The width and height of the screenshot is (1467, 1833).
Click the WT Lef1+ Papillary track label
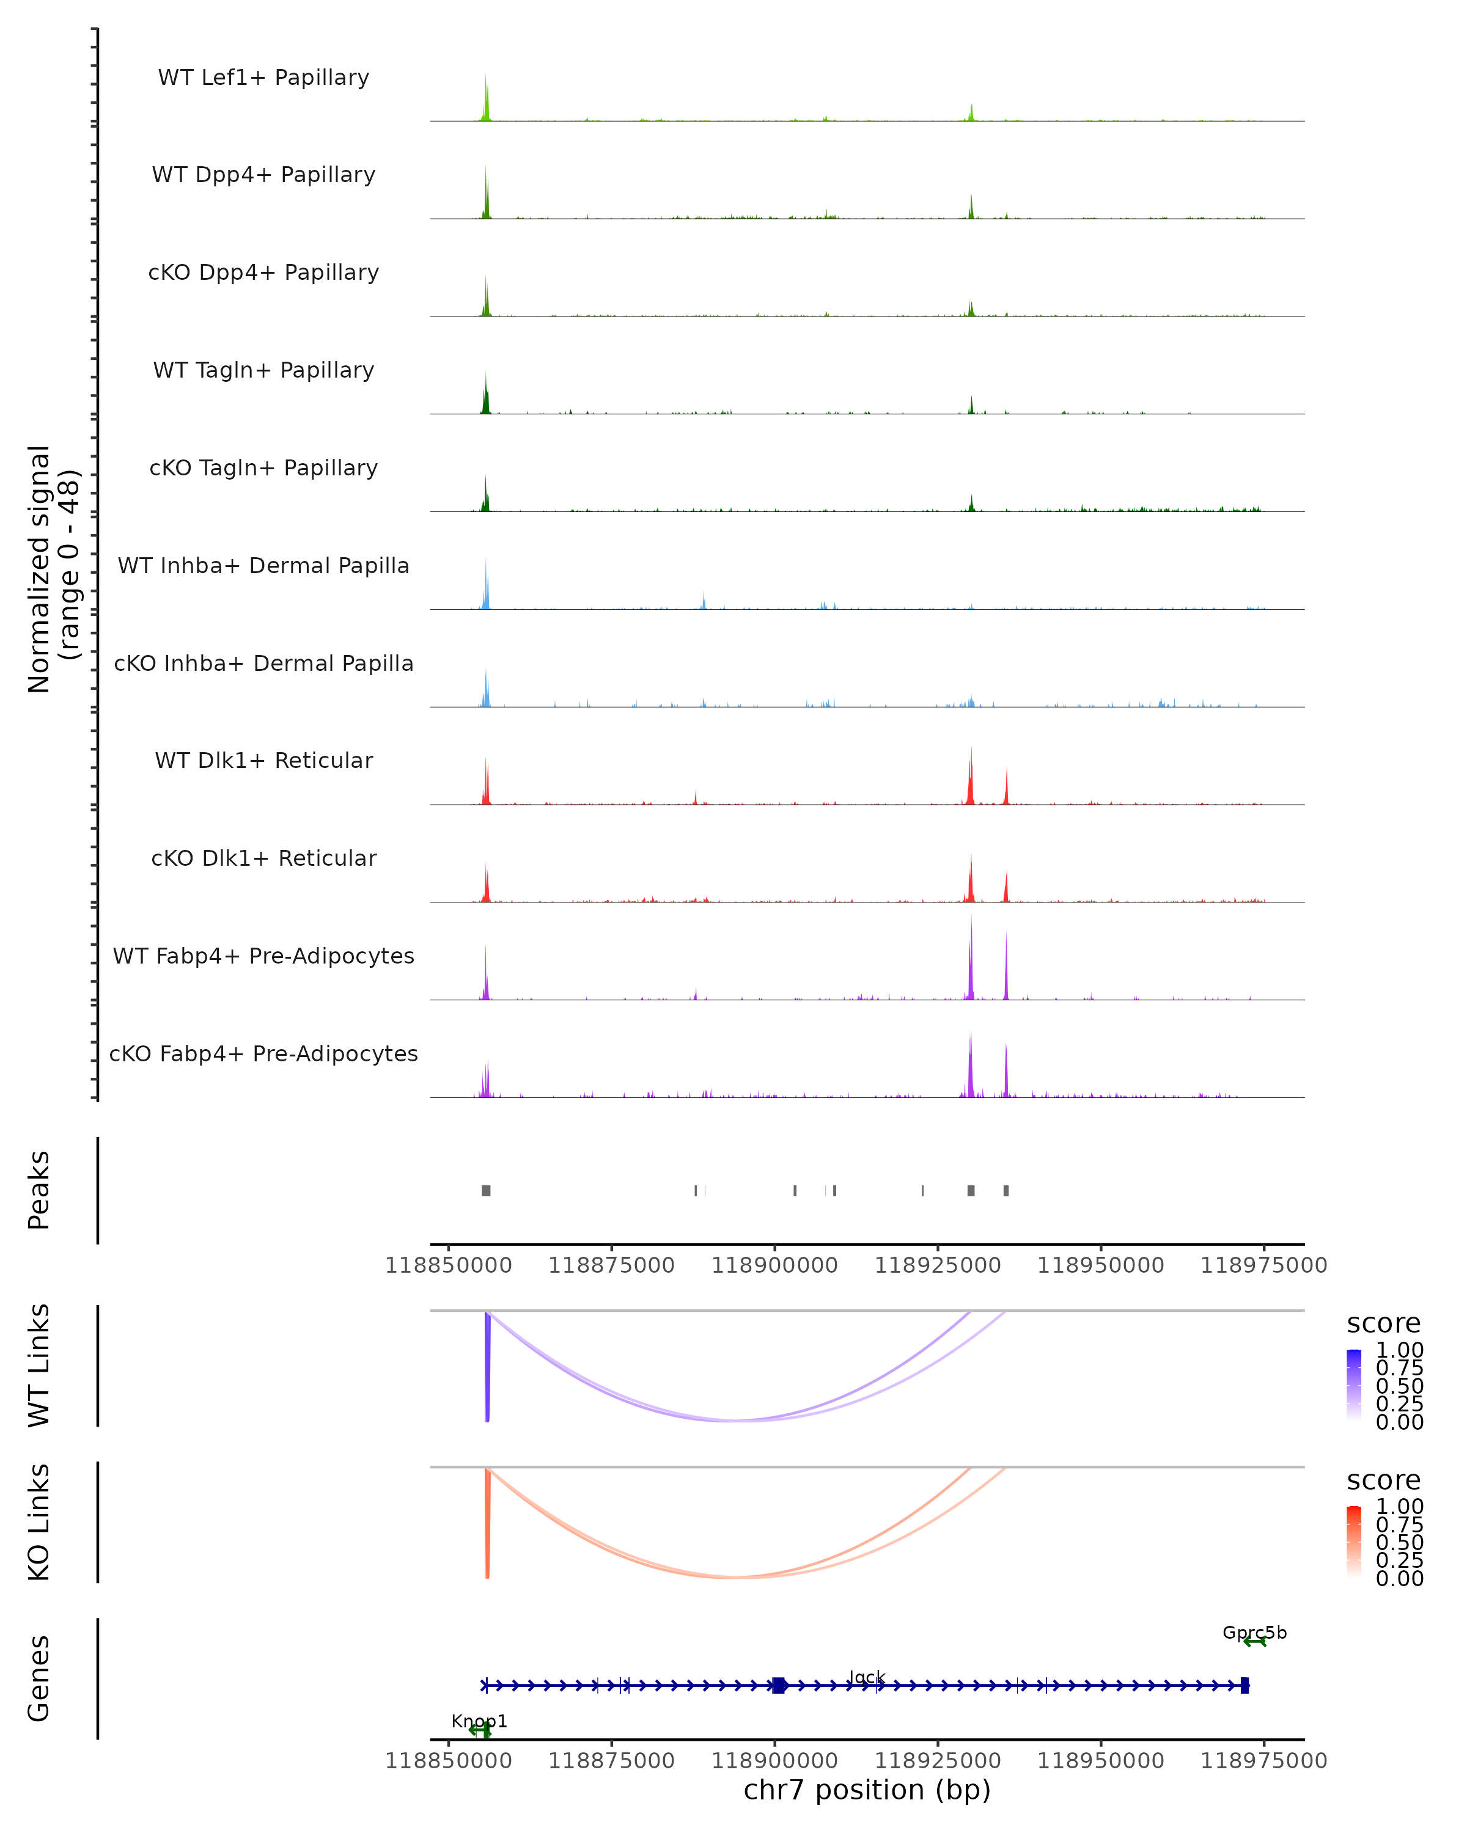tap(263, 78)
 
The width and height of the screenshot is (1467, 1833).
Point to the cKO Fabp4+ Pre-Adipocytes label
tap(263, 1053)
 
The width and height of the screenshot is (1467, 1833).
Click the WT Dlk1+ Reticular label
tap(263, 760)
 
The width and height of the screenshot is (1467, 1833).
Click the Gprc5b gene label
tap(1254, 1633)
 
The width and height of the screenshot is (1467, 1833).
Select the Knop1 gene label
tap(479, 1721)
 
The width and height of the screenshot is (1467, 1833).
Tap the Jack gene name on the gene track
tap(867, 1677)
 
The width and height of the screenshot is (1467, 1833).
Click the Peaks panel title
tap(39, 1190)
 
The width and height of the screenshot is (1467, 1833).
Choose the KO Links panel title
tap(39, 1522)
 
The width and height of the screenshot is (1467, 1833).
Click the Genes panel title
tap(39, 1678)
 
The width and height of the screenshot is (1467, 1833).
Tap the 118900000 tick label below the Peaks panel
tap(774, 1265)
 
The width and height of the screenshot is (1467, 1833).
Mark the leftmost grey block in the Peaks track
tap(485, 1190)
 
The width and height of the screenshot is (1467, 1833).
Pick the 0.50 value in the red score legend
tap(1399, 1542)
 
